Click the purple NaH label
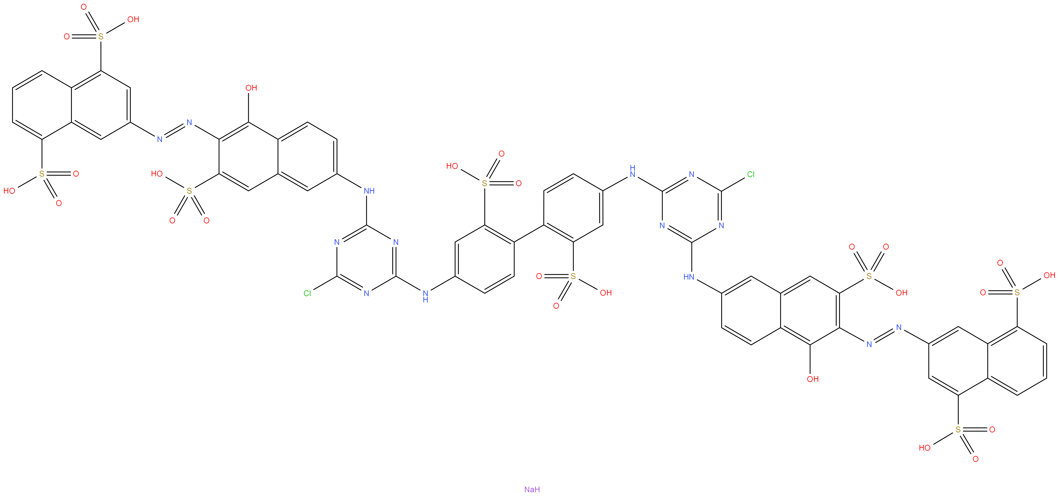532,489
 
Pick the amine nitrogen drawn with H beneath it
425,296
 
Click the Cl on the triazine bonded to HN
751,175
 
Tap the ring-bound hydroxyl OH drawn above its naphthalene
251,88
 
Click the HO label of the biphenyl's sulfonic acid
452,166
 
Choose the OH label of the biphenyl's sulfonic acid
605,293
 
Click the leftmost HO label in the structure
9,191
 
